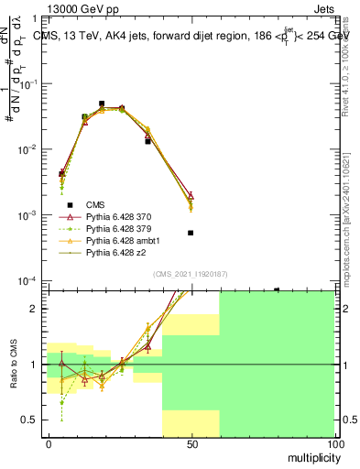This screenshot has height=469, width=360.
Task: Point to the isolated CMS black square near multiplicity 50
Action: click(x=191, y=233)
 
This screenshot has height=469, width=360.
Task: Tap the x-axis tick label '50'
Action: click(x=191, y=442)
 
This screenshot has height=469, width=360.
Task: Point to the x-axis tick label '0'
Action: click(x=48, y=442)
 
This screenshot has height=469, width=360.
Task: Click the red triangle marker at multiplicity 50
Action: click(x=191, y=195)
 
